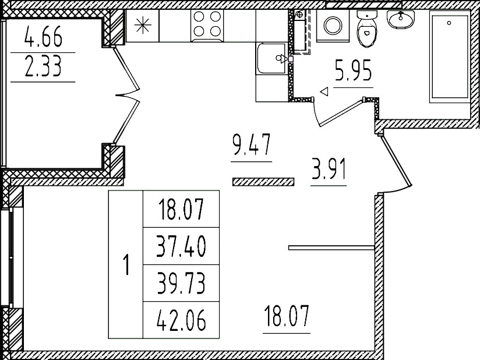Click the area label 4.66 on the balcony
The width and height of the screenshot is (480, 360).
click(43, 40)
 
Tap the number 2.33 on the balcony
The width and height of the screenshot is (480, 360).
click(43, 68)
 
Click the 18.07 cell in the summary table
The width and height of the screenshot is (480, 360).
click(181, 209)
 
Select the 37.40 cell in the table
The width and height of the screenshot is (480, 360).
click(181, 247)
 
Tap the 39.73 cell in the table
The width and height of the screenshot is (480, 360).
click(181, 284)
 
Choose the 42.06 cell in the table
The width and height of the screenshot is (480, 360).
click(181, 321)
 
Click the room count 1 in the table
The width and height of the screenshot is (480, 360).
click(126, 265)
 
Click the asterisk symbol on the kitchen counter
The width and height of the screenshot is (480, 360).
click(142, 25)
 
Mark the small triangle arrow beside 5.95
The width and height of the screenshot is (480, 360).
click(324, 91)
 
